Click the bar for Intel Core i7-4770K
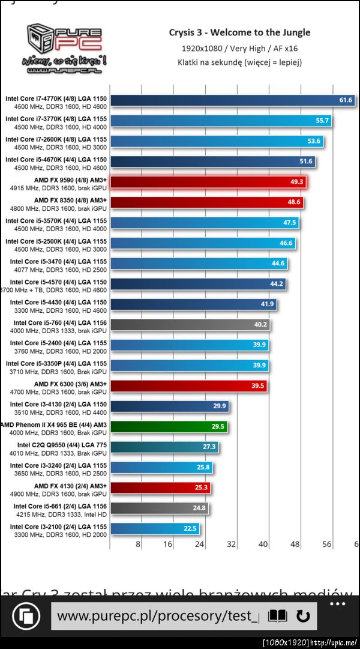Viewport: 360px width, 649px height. point(222,100)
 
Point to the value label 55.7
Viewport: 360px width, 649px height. point(322,121)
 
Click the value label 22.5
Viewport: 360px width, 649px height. point(190,529)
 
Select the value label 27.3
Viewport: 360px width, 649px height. point(209,447)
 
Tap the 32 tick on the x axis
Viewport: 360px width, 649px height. point(232,545)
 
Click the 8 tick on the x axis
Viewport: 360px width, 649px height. point(138,545)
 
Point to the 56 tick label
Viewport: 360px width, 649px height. point(326,545)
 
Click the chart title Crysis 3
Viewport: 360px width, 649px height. point(239,32)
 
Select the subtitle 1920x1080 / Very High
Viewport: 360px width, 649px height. point(239,47)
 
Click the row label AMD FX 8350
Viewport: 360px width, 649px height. point(70,200)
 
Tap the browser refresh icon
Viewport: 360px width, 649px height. point(303,616)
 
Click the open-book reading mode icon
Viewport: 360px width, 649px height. point(277,616)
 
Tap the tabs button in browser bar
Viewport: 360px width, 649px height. point(26,616)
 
